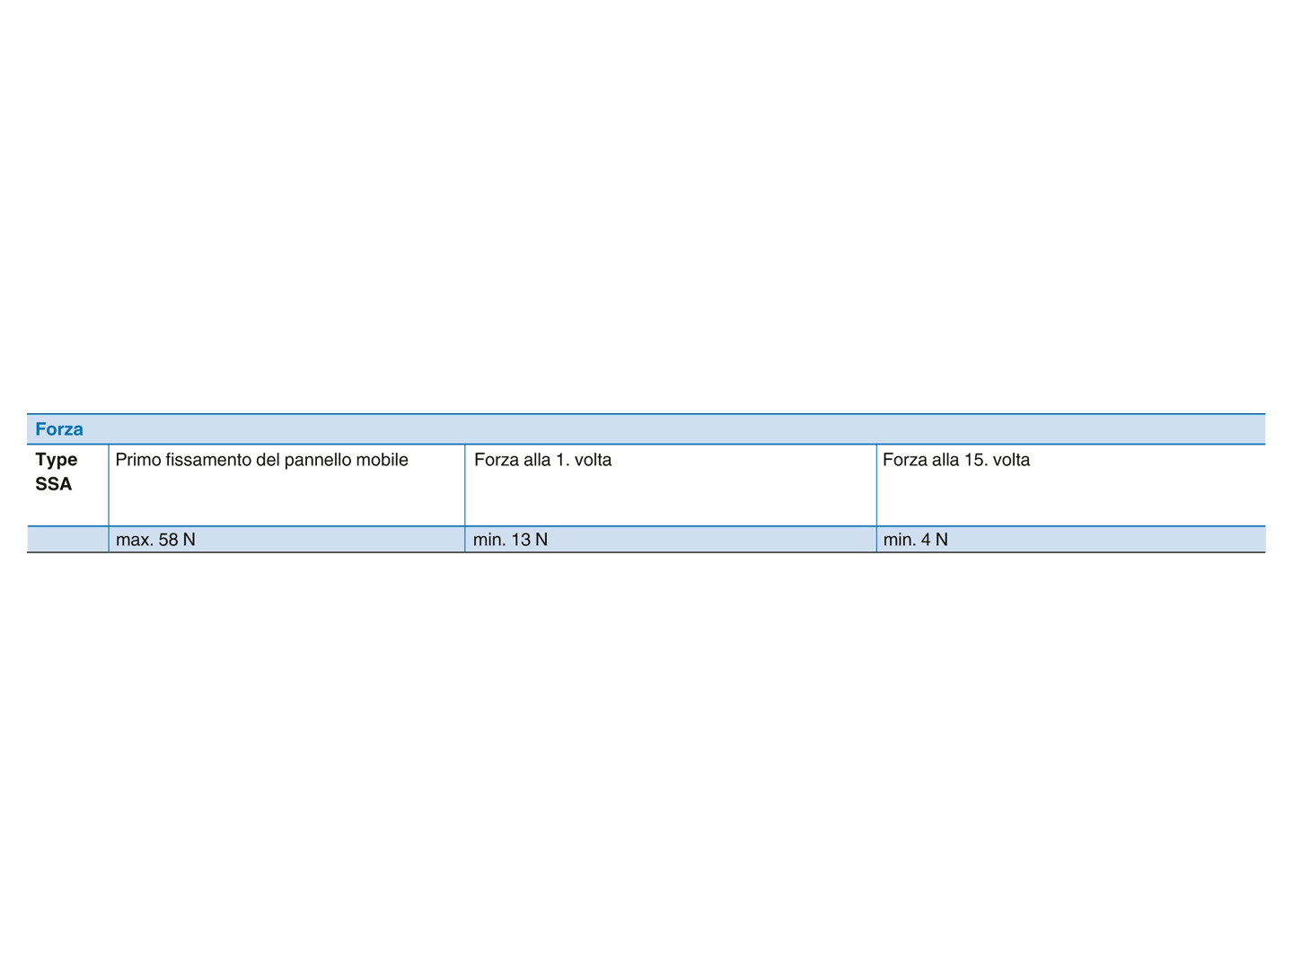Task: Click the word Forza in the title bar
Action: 59,429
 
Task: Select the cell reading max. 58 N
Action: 286,540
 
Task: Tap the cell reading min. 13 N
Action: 670,540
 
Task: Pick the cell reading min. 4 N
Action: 1070,540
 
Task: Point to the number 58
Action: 168,540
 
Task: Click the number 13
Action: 522,540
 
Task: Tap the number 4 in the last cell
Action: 926,540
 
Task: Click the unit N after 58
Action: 189,540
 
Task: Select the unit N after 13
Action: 541,540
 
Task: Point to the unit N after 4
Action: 942,540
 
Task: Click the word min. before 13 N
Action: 489,540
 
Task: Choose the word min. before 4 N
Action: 900,540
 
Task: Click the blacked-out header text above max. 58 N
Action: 286,461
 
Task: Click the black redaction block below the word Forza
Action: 66,469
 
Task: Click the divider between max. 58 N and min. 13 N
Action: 465,540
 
